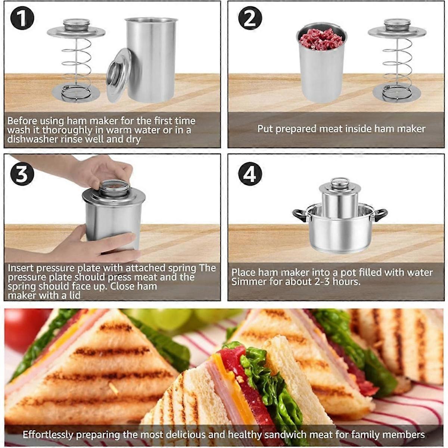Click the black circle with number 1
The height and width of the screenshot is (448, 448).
click(x=22, y=18)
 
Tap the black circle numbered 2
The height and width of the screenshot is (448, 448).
click(x=251, y=18)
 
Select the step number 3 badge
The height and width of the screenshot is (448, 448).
click(x=22, y=174)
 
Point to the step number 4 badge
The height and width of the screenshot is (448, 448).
click(x=251, y=174)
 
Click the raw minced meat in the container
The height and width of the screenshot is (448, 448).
click(x=321, y=39)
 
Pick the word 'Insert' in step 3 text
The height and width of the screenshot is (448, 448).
click(x=21, y=268)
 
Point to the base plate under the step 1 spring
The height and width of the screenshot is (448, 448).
click(x=76, y=94)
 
